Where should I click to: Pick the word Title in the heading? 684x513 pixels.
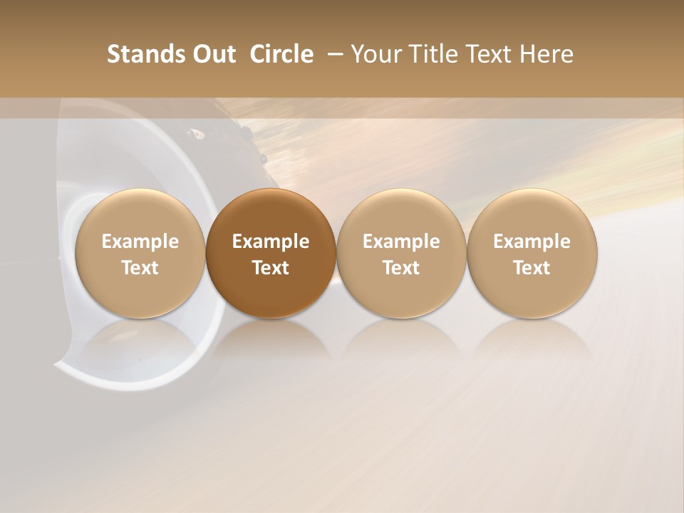coord(437,54)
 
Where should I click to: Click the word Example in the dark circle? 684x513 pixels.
coord(271,242)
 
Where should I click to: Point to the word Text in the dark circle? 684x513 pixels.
coord(271,268)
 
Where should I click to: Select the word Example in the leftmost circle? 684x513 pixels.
coord(140,242)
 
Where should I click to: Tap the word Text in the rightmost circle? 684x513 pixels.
coord(532,268)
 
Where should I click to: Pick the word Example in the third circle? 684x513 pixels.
coord(401,242)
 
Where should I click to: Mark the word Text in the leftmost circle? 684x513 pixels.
coord(140,268)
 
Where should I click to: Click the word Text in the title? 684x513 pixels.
coord(492,54)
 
